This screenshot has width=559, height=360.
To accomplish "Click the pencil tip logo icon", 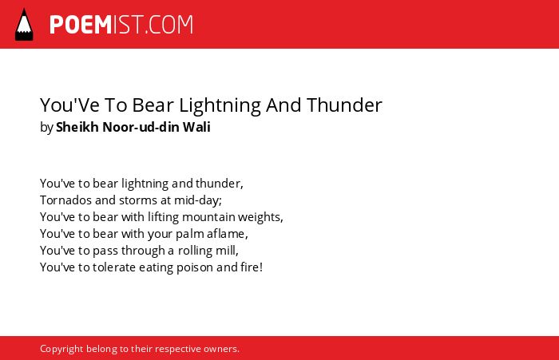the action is click(x=24, y=25).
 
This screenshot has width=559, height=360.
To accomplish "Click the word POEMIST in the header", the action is click(x=97, y=25).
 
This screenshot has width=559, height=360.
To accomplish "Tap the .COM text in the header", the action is click(x=169, y=25).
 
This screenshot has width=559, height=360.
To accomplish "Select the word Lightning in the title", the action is click(x=220, y=105).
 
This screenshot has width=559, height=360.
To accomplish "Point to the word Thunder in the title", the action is click(x=344, y=105).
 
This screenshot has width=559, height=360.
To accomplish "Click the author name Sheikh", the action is click(x=77, y=127).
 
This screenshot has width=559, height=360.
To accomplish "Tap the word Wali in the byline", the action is click(x=196, y=127).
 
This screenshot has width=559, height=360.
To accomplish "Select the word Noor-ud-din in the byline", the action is click(x=141, y=127).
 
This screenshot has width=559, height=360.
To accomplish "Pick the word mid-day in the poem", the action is click(x=196, y=200).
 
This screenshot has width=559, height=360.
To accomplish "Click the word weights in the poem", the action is click(x=259, y=217).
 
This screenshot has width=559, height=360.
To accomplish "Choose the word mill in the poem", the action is click(x=226, y=250).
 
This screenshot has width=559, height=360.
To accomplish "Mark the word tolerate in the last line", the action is click(x=114, y=267).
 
